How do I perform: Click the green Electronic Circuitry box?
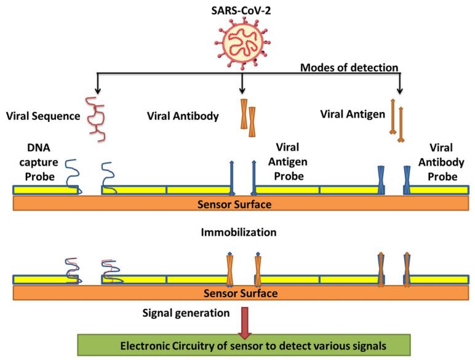pos(244,345)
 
